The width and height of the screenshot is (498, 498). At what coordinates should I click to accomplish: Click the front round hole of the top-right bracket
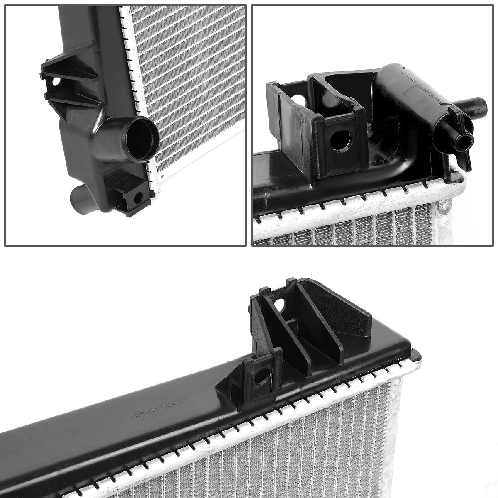[x=340, y=141]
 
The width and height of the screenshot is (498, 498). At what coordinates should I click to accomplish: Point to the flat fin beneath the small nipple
[x=465, y=160]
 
